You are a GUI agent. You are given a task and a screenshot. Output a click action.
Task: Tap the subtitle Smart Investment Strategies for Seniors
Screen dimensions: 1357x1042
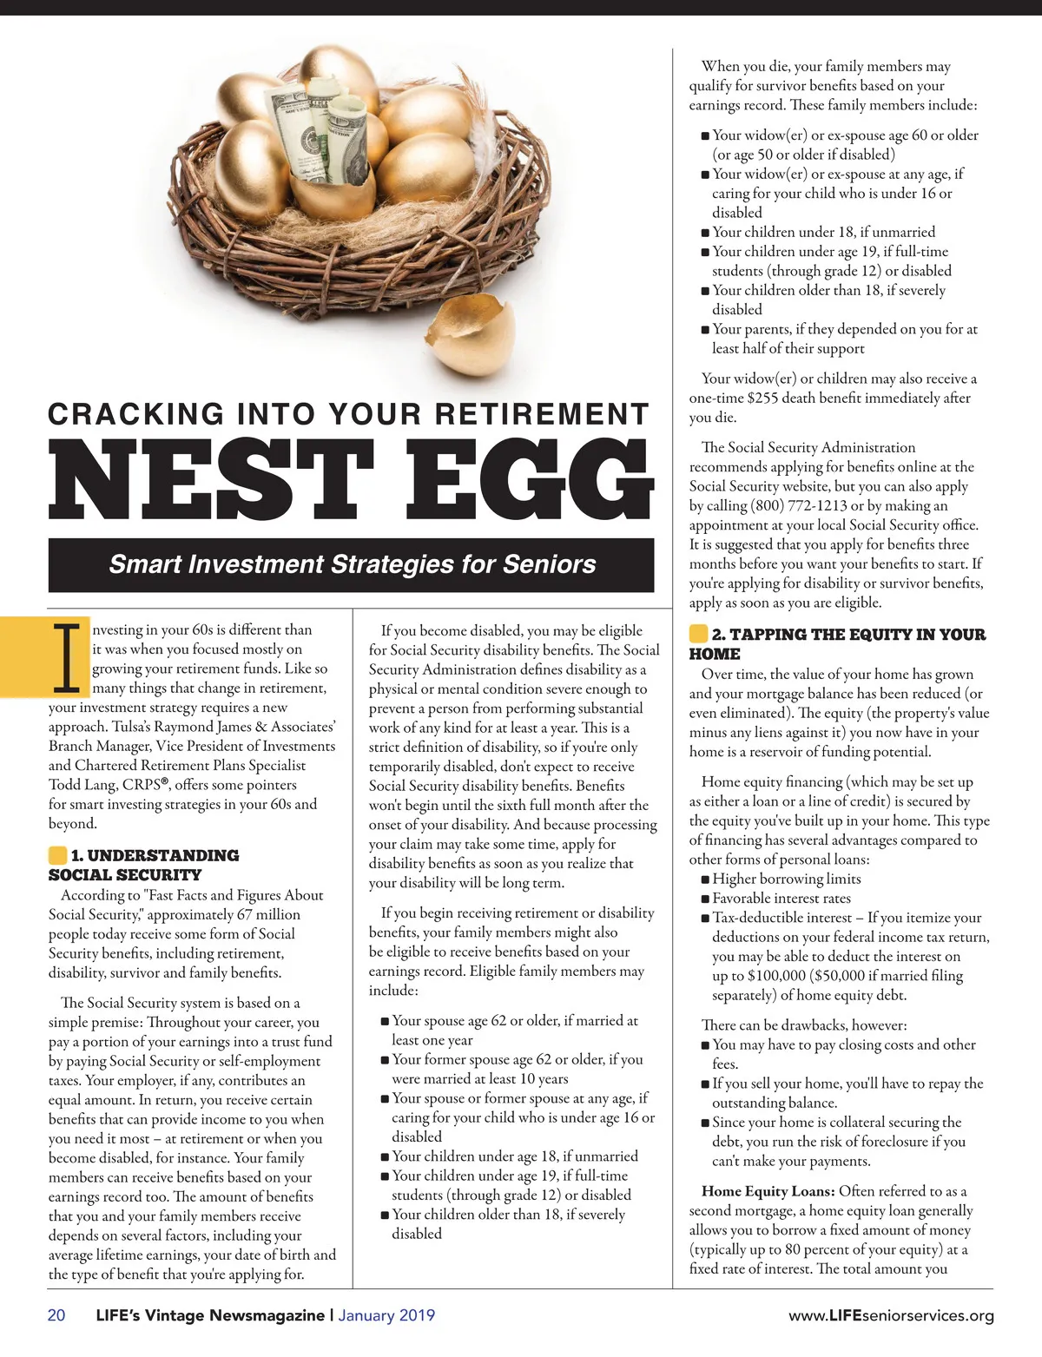pos(352,564)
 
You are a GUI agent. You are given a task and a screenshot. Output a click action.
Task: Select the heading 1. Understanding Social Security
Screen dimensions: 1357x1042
pos(144,865)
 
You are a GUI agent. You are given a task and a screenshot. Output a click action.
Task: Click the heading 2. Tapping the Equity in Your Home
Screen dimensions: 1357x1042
pos(838,643)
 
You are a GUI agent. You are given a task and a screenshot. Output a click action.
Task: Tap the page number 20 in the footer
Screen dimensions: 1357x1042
pos(56,1315)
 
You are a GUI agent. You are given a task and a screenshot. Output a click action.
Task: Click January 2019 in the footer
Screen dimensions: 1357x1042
pos(386,1315)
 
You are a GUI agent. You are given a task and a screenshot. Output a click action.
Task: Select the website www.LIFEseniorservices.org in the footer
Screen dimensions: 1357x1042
pos(891,1316)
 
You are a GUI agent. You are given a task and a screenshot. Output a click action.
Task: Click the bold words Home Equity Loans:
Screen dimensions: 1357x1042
pos(768,1191)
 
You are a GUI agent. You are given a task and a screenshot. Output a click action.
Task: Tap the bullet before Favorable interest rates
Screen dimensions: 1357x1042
pos(706,899)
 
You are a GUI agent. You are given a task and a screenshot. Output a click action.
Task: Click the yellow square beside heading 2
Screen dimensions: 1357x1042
pos(698,634)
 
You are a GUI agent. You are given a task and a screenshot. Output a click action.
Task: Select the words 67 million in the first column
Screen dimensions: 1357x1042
pos(268,914)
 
